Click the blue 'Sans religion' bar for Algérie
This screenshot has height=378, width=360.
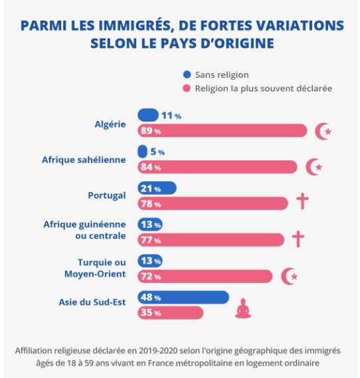[148, 115]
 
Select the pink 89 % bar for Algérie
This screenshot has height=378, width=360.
[222, 130]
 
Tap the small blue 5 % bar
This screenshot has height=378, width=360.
[142, 151]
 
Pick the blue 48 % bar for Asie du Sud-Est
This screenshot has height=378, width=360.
[183, 297]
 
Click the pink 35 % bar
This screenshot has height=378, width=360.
[170, 313]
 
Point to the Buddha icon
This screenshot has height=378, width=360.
[243, 308]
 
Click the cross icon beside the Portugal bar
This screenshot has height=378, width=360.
[302, 201]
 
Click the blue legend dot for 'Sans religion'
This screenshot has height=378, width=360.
[187, 74]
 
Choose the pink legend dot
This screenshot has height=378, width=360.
[187, 88]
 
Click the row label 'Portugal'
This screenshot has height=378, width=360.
[107, 195]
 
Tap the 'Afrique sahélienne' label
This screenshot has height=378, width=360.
[84, 159]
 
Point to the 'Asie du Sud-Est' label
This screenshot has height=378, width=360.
[92, 302]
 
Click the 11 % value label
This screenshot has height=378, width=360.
[171, 116]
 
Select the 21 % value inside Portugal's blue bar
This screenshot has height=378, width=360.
[151, 189]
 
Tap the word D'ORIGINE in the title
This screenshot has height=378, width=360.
[237, 43]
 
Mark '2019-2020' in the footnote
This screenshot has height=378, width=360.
[158, 351]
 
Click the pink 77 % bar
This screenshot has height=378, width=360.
[211, 240]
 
